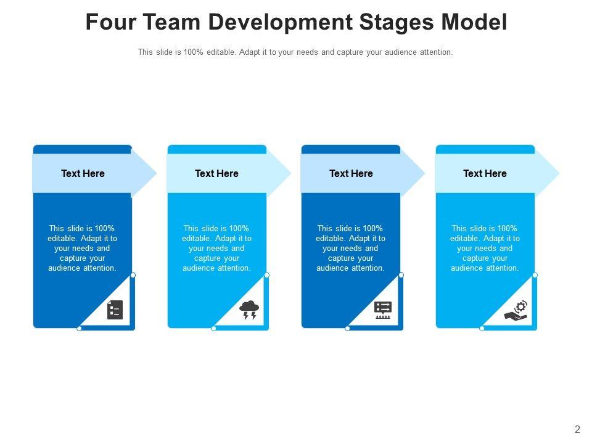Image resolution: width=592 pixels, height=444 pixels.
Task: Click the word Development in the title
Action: [x=276, y=22]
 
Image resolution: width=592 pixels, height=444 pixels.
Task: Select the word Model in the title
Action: [x=475, y=22]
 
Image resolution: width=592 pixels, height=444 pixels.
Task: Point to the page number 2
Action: [x=577, y=430]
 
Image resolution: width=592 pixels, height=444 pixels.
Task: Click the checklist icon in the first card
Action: [x=115, y=310]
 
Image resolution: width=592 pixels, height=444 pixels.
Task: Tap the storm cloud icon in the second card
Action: [x=249, y=310]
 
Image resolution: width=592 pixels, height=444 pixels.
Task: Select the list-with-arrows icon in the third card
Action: [x=383, y=310]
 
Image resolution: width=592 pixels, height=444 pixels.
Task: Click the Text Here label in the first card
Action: [x=83, y=174]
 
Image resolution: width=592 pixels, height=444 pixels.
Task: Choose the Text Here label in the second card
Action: [x=216, y=174]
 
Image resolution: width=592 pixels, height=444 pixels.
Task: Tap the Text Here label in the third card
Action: [x=351, y=174]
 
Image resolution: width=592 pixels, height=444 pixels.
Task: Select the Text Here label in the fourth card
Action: [x=485, y=174]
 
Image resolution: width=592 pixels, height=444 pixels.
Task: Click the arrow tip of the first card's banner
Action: [x=151, y=174]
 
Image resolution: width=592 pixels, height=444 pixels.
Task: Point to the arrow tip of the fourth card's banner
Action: [x=553, y=174]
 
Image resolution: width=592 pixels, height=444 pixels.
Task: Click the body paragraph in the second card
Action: [x=216, y=249]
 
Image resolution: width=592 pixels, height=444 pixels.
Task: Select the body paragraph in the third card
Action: [x=351, y=249]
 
